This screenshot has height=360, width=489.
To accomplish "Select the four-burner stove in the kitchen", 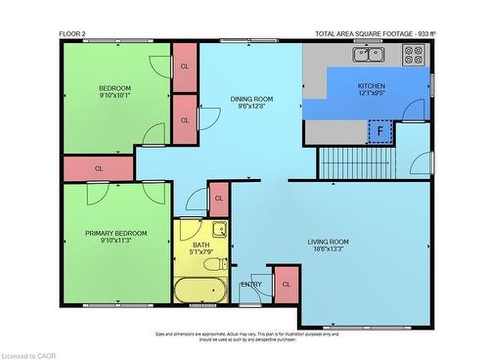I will coord(412,55).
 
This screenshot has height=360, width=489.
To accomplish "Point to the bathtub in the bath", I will coord(200,289).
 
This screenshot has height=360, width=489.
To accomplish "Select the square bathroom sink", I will coord(220,231).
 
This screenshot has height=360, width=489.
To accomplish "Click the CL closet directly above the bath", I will coord(218,199).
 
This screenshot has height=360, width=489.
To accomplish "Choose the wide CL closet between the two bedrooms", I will coord(99,168).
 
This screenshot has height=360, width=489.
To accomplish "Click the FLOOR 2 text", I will coord(72,34).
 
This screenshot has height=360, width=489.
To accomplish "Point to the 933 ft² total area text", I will coord(376,34).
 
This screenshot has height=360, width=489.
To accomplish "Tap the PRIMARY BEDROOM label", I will coord(115,233).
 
